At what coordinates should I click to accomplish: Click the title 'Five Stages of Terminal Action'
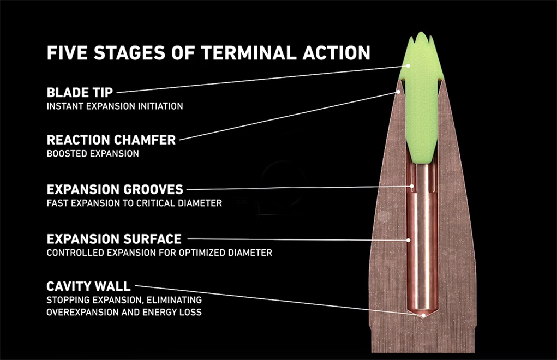pyautogui.click(x=208, y=53)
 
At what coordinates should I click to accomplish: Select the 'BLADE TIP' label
pyautogui.click(x=80, y=93)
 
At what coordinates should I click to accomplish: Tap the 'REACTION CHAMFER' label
pyautogui.click(x=111, y=140)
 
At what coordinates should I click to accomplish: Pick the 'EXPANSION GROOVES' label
pyautogui.click(x=115, y=190)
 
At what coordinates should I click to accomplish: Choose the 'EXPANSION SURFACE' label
pyautogui.click(x=114, y=239)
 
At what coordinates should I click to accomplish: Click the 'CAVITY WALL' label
pyautogui.click(x=88, y=286)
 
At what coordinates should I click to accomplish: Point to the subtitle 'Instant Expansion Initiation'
pyautogui.click(x=115, y=106)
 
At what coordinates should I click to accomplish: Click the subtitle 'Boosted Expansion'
pyautogui.click(x=93, y=154)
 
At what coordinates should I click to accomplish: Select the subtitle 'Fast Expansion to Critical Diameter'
pyautogui.click(x=134, y=203)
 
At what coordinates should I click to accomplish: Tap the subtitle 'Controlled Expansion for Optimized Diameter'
pyautogui.click(x=159, y=253)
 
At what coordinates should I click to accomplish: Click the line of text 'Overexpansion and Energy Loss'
pyautogui.click(x=124, y=313)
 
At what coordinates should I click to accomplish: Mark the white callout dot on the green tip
pyautogui.click(x=409, y=65)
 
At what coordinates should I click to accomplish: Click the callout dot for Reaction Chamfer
pyautogui.click(x=399, y=92)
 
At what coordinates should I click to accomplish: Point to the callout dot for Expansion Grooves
pyautogui.click(x=412, y=186)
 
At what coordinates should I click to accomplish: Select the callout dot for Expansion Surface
pyautogui.click(x=409, y=241)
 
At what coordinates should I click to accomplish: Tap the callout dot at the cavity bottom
pyautogui.click(x=423, y=315)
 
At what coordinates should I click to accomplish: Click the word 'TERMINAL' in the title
pyautogui.click(x=249, y=53)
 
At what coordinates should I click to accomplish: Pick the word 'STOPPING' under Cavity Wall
pyautogui.click(x=68, y=300)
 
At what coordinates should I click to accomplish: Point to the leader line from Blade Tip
pyautogui.click(x=262, y=79)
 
